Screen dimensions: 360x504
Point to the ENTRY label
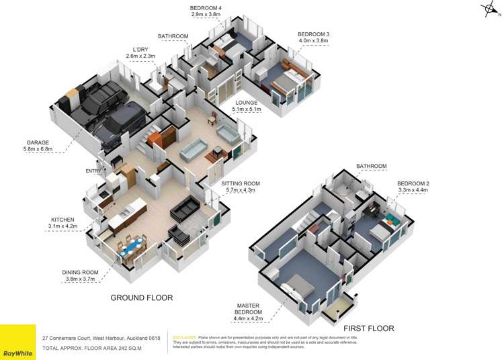point(93,171)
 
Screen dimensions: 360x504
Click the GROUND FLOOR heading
point(141,297)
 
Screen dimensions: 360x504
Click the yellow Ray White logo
point(17,342)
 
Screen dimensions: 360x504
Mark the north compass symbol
point(489,9)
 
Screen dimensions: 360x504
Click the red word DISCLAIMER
point(185,337)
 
